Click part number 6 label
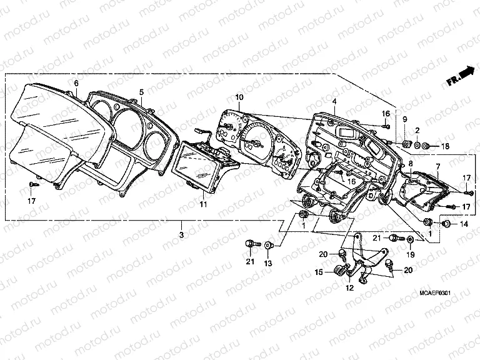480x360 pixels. (x=76, y=83)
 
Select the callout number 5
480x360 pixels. (x=142, y=91)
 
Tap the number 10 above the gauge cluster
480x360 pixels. (x=239, y=97)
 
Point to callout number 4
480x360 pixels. (x=334, y=101)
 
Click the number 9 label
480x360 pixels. (x=404, y=119)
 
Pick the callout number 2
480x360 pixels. (x=417, y=130)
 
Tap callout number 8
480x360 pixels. (x=410, y=164)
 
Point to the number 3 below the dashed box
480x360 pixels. (x=181, y=234)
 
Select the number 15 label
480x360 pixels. (x=317, y=272)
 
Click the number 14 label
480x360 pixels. (x=464, y=223)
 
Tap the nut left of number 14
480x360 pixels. (x=447, y=223)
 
